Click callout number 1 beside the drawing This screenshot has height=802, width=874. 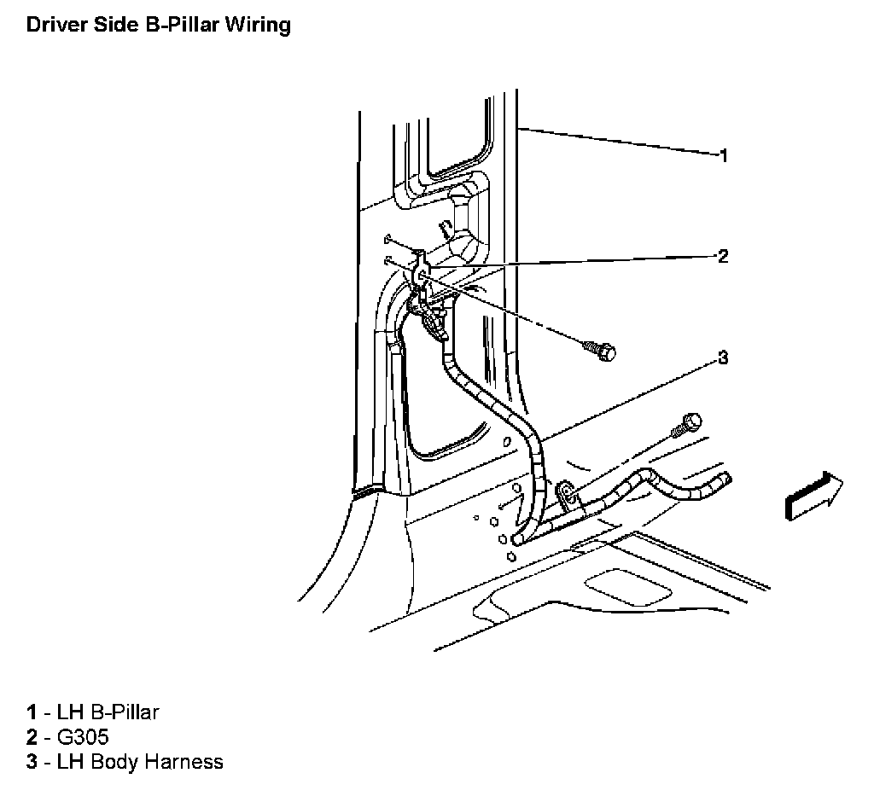point(723,155)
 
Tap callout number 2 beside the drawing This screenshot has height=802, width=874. point(723,256)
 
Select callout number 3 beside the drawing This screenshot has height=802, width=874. point(723,357)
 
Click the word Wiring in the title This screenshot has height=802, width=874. point(258,25)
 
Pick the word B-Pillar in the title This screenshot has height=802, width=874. point(178,25)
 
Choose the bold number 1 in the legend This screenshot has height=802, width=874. point(32,712)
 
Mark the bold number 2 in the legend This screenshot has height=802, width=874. point(32,736)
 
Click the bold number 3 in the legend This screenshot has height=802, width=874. point(32,762)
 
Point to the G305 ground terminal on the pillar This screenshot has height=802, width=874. point(422,273)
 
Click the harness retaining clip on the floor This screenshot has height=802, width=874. point(566,494)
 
